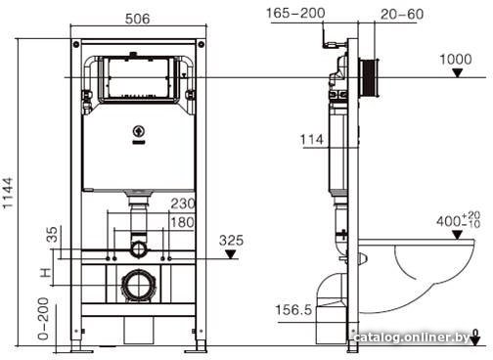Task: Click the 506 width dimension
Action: [x=138, y=19]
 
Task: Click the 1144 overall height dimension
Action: [x=8, y=193]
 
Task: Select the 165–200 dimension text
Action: [x=295, y=14]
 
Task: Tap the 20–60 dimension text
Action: [x=402, y=14]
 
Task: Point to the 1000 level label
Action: [x=456, y=60]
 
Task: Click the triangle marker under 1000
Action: [x=458, y=73]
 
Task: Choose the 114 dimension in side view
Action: [x=312, y=140]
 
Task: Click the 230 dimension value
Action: [x=183, y=203]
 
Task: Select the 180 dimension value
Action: [x=183, y=222]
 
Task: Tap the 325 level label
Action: [x=231, y=241]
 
